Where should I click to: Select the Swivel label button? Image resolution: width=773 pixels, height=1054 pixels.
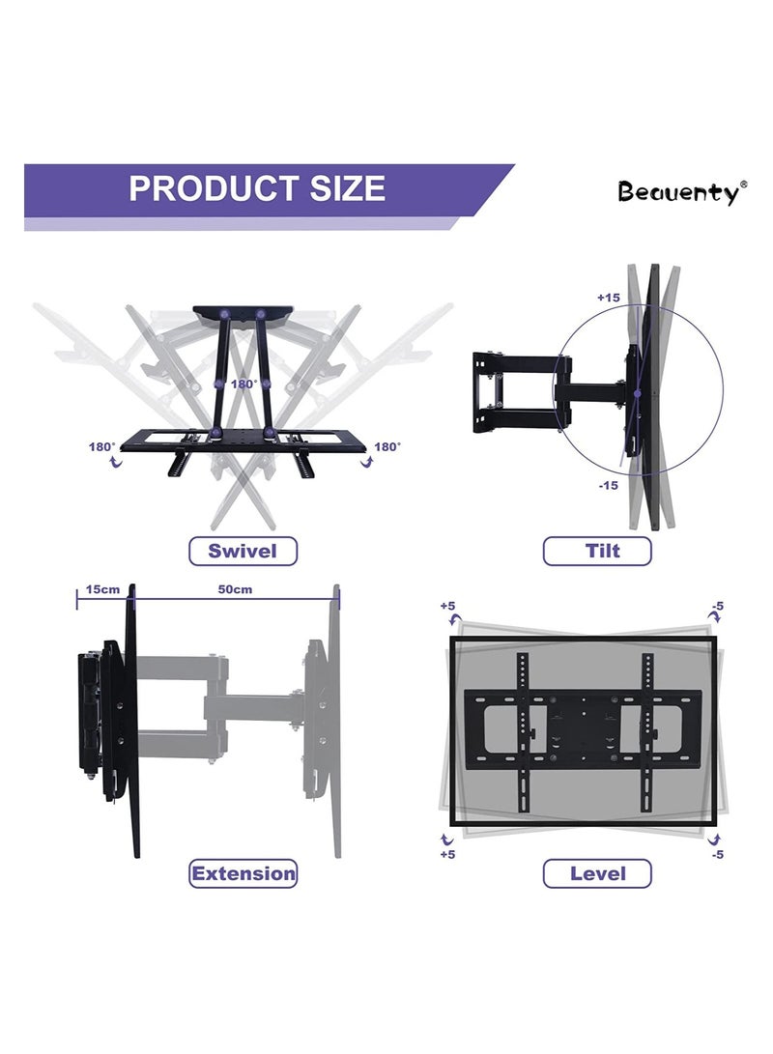[x=243, y=551]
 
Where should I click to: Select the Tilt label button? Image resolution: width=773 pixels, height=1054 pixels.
[x=597, y=551]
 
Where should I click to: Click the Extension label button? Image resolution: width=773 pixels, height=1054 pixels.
[x=243, y=873]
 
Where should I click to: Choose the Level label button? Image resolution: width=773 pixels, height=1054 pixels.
[x=597, y=873]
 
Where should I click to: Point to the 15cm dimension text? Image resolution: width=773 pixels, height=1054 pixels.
[x=101, y=588]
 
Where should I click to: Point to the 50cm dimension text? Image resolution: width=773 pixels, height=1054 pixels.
[x=235, y=588]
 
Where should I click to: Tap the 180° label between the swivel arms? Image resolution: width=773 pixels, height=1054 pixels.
[x=243, y=384]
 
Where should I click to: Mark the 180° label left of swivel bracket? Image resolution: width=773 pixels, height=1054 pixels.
[x=102, y=446]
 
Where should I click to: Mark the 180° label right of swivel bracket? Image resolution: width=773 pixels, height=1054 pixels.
[x=386, y=446]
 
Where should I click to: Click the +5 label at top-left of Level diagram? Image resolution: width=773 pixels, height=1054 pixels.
[x=448, y=606]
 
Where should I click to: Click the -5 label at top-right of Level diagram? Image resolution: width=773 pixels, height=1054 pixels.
[x=716, y=606]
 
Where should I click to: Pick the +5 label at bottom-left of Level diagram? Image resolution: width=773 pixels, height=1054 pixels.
[x=448, y=854]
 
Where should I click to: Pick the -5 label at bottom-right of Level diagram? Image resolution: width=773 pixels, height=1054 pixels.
[x=716, y=854]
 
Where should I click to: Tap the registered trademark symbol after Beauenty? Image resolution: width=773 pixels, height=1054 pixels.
[x=743, y=184]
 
